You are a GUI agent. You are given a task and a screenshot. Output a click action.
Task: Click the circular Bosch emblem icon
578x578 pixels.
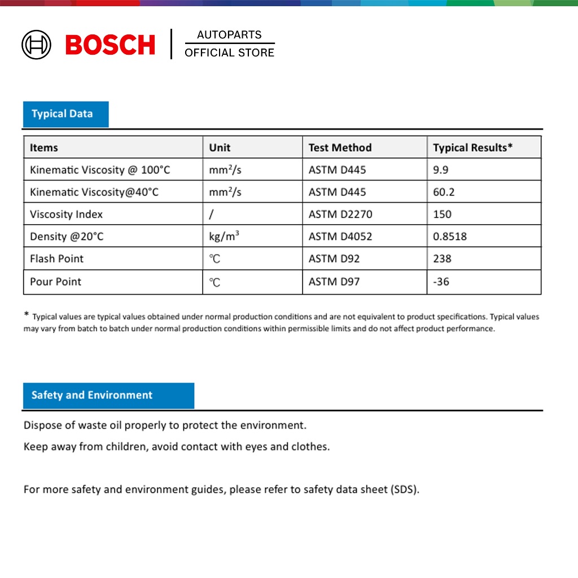coord(36,45)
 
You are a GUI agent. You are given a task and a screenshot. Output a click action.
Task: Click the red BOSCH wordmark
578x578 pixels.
coord(110,45)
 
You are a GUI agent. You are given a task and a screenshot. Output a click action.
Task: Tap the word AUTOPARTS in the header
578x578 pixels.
coord(229,35)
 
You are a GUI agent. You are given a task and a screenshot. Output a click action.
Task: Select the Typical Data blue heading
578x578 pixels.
coord(62,114)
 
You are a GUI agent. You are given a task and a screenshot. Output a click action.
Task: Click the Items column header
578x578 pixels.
coord(44,148)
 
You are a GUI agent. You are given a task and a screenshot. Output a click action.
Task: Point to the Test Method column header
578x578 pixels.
coord(340,148)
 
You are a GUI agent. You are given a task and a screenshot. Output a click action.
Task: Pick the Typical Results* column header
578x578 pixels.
coord(472,148)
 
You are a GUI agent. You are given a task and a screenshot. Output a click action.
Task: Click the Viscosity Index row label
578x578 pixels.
coord(66,214)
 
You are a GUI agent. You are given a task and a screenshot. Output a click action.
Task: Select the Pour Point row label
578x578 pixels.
coord(55,282)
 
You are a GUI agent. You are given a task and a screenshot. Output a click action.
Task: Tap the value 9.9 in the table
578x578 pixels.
coord(441,170)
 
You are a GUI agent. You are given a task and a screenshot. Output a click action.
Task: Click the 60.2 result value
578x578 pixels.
coord(444,192)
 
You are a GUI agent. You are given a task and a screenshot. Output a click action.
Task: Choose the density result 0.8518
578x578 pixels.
coord(450,237)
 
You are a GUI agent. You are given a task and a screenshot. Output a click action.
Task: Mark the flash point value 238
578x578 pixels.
coord(442,259)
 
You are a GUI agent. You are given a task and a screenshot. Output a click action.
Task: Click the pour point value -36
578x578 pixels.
coord(441,282)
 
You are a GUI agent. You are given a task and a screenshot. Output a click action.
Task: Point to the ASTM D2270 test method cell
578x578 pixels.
coord(340,214)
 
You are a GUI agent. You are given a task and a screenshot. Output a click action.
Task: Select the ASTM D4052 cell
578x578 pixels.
coord(340,237)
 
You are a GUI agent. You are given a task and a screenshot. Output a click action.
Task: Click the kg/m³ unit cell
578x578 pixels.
coord(224,237)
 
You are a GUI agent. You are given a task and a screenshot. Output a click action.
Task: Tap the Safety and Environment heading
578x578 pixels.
coord(92,395)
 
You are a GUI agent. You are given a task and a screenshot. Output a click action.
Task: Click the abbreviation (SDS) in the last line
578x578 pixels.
coord(405,489)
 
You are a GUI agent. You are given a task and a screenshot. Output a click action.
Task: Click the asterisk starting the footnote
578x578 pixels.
coord(27,315)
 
